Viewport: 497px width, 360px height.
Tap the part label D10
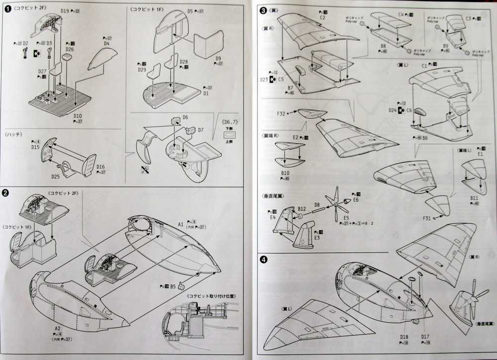[78, 116]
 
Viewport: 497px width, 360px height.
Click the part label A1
[181, 225]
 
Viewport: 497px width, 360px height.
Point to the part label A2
[58, 329]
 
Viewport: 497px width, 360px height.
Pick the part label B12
[302, 208]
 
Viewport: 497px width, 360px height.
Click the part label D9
[218, 58]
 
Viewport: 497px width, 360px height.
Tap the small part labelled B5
[181, 285]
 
